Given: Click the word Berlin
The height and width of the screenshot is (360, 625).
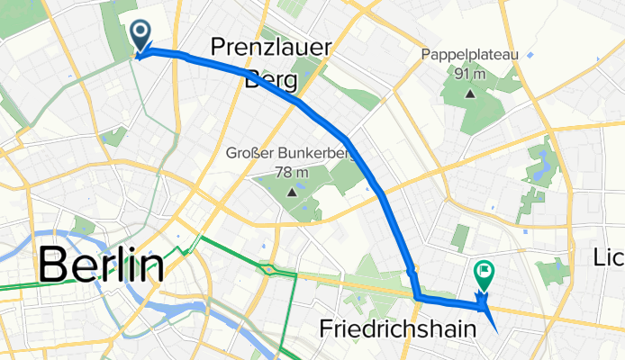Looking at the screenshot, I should (101, 265).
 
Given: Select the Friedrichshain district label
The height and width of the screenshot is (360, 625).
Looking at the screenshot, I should (398, 330).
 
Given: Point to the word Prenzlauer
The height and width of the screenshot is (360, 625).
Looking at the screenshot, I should (271, 48).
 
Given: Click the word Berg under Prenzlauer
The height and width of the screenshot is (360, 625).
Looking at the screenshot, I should (271, 79).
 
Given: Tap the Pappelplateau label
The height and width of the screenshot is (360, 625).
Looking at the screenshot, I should (469, 56).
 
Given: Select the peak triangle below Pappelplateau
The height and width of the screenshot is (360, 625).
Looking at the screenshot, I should (469, 92).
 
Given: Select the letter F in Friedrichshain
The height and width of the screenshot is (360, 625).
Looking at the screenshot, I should (327, 330).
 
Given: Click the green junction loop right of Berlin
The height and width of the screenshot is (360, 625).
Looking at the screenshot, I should (267, 268).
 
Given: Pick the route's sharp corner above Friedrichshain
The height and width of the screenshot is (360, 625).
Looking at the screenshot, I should (417, 294).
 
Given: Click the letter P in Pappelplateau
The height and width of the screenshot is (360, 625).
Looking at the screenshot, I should (425, 56).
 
